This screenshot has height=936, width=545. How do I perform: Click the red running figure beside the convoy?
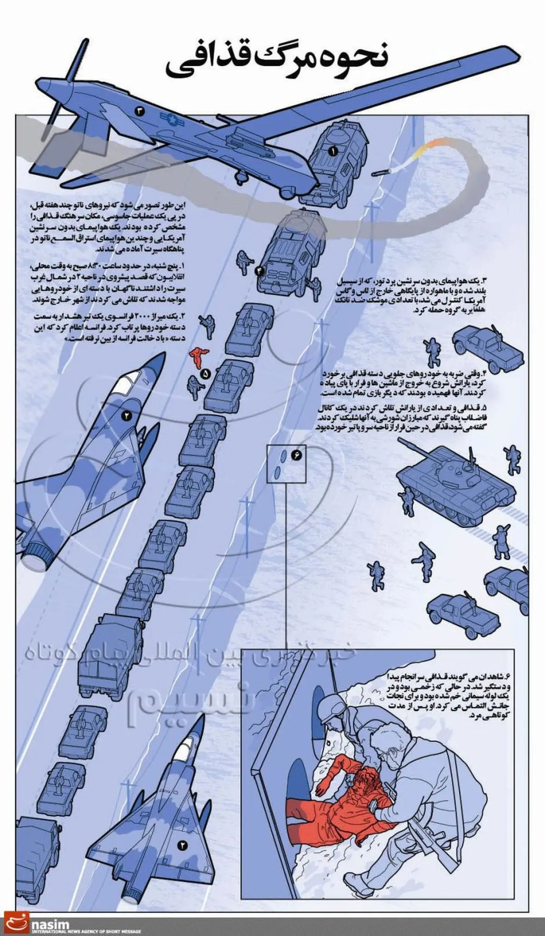[x=198, y=357]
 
